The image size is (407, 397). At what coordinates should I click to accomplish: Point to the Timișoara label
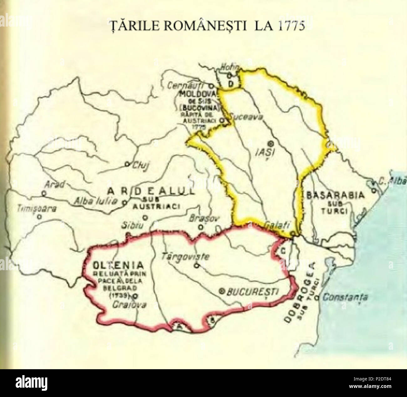37,208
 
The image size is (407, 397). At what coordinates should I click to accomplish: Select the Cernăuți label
191,85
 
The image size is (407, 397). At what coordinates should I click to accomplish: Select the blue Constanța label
345,297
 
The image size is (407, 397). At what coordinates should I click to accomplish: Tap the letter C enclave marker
282,250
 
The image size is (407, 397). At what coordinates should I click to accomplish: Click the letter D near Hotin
231,84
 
